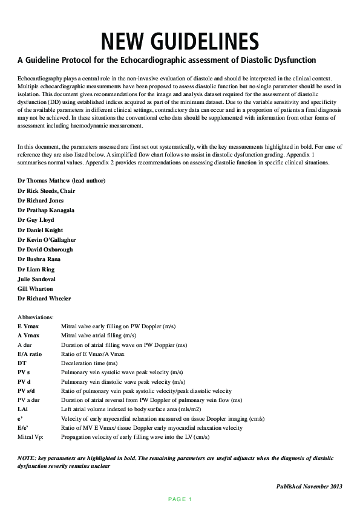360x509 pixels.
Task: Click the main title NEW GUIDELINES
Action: click(180, 41)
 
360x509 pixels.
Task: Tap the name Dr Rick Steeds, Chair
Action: click(46, 190)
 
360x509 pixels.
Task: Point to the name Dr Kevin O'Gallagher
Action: click(47, 240)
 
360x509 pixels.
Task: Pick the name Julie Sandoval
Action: click(36, 279)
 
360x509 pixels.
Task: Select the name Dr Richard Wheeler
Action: click(44, 299)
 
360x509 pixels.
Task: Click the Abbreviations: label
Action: click(36, 317)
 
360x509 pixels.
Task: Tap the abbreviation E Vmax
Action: click(28, 326)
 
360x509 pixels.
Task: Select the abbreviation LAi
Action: click(23, 409)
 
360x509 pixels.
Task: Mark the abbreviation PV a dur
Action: click(30, 400)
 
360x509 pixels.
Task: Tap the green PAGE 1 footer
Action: click(180, 499)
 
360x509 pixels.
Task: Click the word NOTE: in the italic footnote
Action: click(26, 459)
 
